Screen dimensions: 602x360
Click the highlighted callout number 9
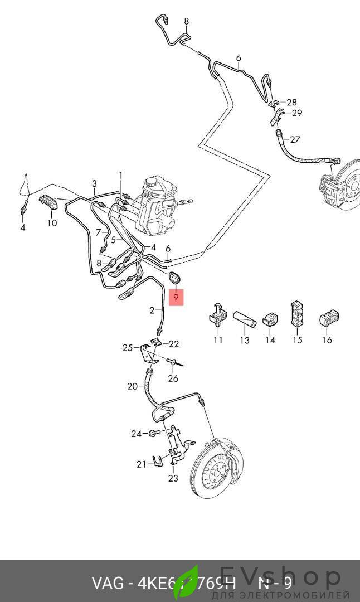(x=176, y=298)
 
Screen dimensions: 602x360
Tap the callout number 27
(x=295, y=139)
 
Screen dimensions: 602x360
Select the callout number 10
(x=52, y=223)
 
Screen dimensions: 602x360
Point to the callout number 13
(x=244, y=340)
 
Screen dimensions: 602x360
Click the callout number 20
(x=132, y=386)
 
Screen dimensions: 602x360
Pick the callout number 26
(x=173, y=378)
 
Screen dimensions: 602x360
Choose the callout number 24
(x=137, y=433)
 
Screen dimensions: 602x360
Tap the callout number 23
(x=173, y=478)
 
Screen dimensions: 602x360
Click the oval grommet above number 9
(x=175, y=278)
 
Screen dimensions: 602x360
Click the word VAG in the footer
(x=108, y=584)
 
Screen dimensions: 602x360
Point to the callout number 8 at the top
(x=186, y=22)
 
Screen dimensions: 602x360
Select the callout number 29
(x=297, y=113)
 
